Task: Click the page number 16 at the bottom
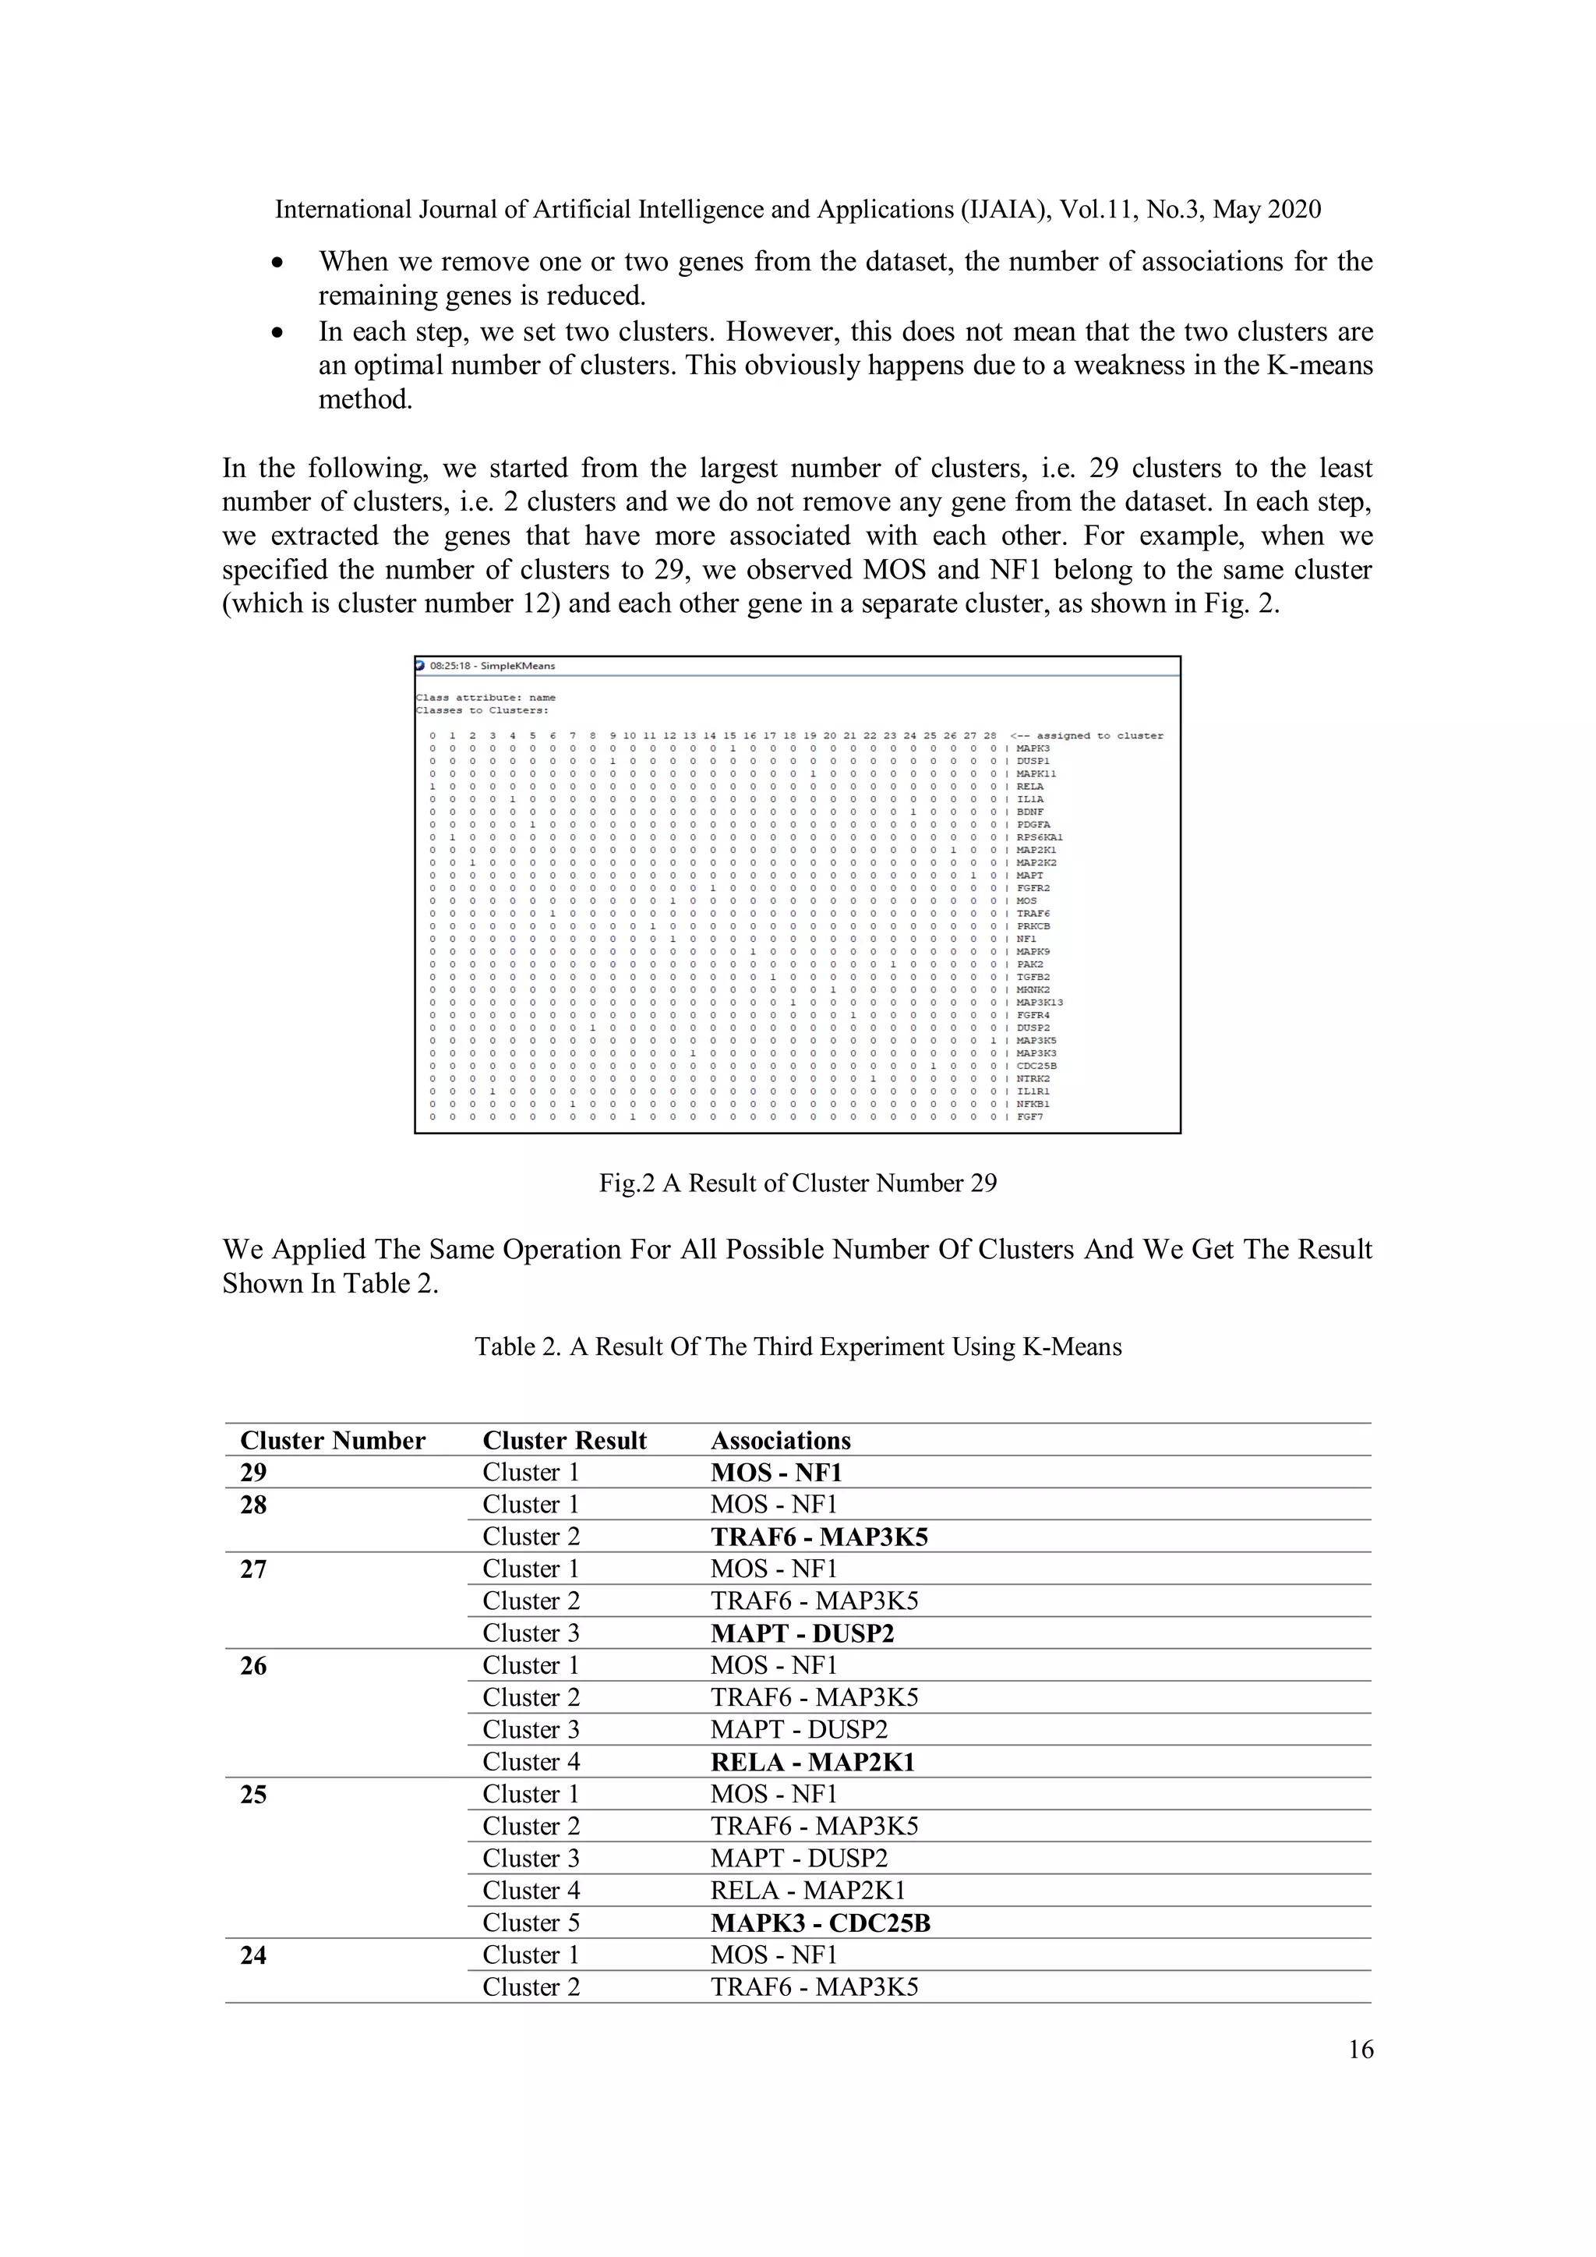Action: point(1360,2050)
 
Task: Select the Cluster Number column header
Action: point(332,1441)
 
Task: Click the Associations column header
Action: point(780,1441)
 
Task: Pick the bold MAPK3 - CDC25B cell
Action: point(820,1924)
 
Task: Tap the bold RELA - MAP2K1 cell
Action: point(812,1763)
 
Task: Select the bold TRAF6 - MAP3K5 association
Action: point(818,1537)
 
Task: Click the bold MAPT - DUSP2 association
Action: point(802,1634)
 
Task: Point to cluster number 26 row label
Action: point(253,1666)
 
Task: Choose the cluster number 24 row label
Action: point(253,1956)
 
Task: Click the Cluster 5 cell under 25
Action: point(531,1924)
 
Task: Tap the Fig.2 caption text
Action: point(797,1183)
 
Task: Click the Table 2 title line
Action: point(797,1346)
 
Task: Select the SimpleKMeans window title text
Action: point(493,667)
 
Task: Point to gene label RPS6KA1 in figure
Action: point(1039,837)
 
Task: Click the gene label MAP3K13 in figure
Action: point(1039,1003)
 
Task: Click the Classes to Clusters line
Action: point(482,709)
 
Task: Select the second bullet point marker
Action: point(279,333)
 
